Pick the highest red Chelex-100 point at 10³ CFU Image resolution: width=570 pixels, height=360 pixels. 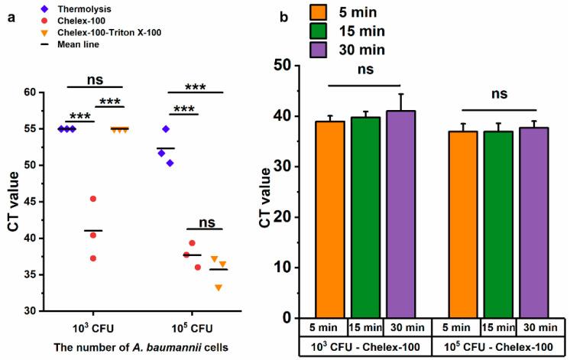pos(93,199)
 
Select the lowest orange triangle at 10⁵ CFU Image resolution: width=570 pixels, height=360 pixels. pos(219,287)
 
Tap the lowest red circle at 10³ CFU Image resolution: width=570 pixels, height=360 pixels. pos(93,258)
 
